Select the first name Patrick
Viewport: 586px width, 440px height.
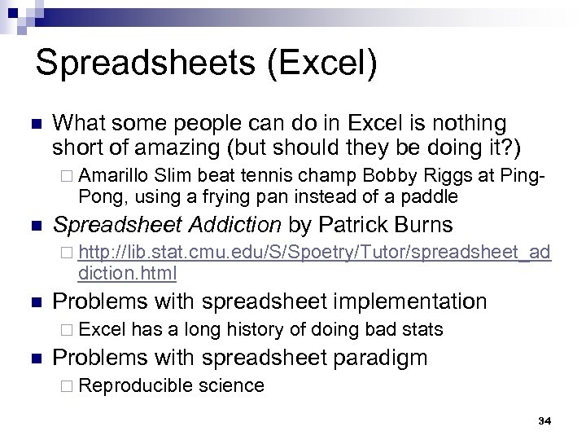point(351,224)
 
